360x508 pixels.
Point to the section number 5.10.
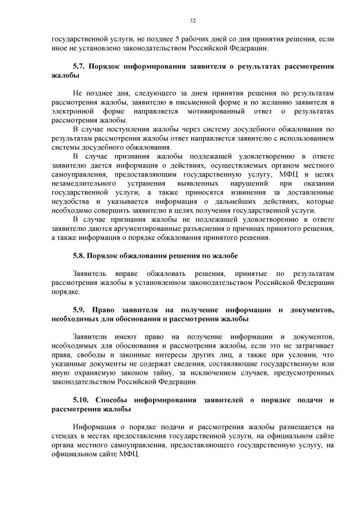[82, 400]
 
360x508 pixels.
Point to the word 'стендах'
[65, 436]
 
